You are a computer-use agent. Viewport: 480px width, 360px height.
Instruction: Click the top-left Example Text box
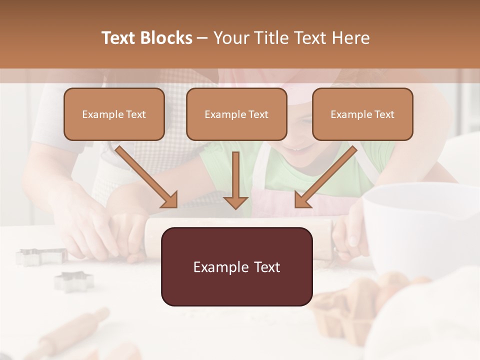(114, 114)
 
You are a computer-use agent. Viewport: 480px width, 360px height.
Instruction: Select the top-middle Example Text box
(236, 114)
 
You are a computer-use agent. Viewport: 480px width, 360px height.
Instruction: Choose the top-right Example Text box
(362, 114)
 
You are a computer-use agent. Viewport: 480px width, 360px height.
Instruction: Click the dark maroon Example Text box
(236, 267)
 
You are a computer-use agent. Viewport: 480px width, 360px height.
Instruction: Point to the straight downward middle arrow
(235, 182)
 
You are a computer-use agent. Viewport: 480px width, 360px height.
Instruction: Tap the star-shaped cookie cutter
(74, 281)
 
